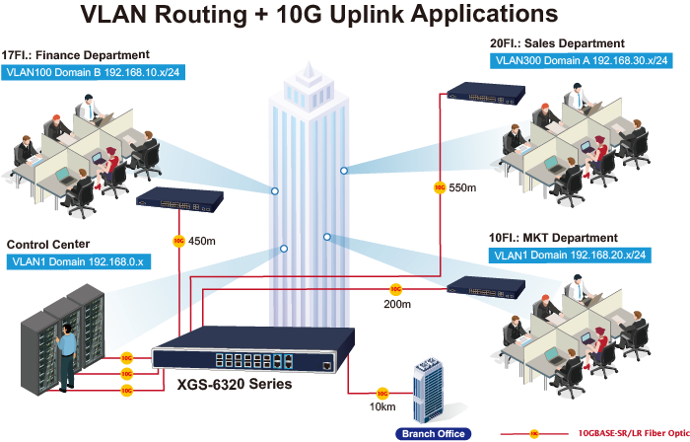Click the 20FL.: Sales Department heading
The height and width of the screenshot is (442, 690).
557,43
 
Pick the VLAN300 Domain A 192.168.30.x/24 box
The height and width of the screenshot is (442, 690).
580,61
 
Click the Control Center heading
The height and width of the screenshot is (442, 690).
48,244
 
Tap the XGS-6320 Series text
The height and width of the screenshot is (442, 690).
234,385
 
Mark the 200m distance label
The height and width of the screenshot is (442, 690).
396,305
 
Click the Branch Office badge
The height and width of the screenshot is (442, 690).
433,433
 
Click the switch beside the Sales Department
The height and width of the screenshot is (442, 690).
484,94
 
